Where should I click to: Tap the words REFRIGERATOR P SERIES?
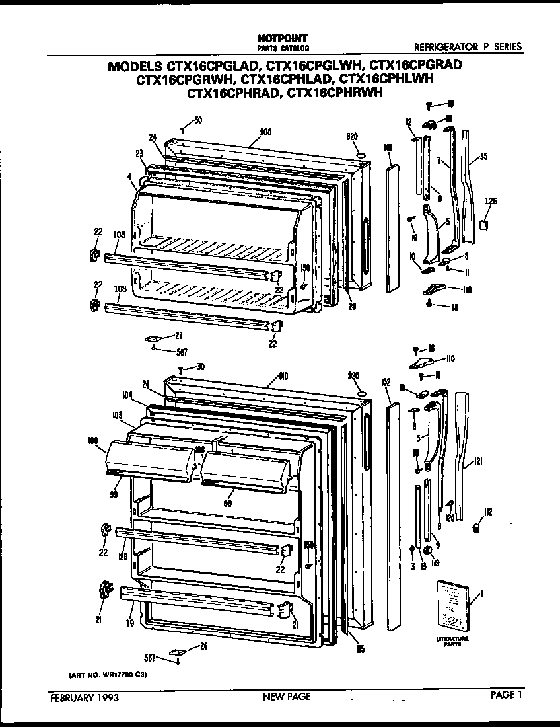[468, 47]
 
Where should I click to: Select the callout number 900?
[265, 132]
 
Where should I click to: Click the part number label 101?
[388, 147]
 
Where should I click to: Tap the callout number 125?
[491, 202]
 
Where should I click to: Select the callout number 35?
[484, 157]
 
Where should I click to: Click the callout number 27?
[178, 336]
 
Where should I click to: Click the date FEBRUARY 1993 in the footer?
[85, 697]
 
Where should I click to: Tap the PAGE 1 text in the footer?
[507, 695]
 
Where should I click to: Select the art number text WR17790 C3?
[108, 675]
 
